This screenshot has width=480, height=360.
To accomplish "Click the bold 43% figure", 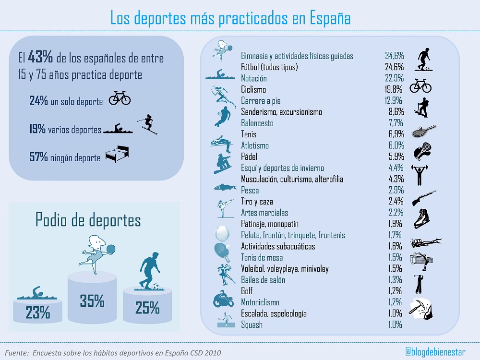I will click(x=40, y=59).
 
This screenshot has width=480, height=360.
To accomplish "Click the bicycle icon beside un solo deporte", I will click(x=120, y=98).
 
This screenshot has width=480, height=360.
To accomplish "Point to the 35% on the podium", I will click(x=92, y=300).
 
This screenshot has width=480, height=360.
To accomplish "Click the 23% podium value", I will click(x=38, y=313).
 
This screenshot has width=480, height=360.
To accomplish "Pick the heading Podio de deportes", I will click(x=88, y=220).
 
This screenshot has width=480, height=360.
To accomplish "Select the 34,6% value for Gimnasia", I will click(x=394, y=56).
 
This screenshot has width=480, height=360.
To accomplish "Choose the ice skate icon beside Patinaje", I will click(x=423, y=218).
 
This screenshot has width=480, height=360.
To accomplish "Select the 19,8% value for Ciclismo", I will click(x=394, y=90).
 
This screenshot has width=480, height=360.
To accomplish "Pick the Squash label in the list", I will click(x=252, y=325).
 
